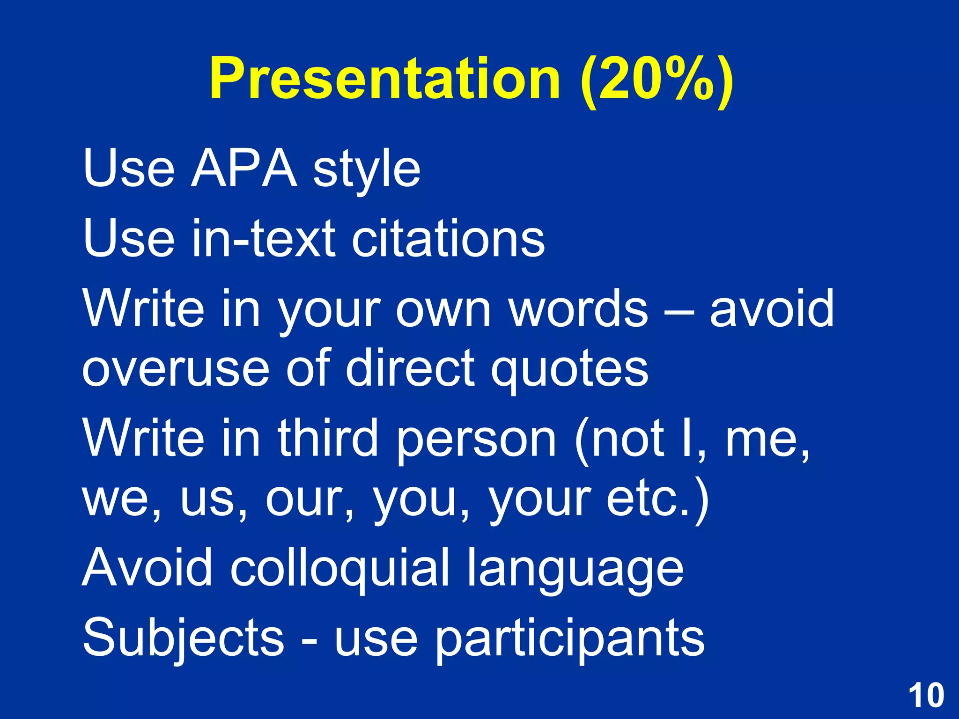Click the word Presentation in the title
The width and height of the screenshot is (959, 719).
point(384,79)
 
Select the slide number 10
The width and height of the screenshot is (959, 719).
point(926,696)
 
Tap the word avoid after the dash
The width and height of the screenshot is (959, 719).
point(772,309)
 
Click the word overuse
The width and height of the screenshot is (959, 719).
point(175,370)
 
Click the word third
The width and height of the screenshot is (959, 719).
point(328,438)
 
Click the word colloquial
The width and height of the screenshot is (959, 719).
point(339,569)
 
